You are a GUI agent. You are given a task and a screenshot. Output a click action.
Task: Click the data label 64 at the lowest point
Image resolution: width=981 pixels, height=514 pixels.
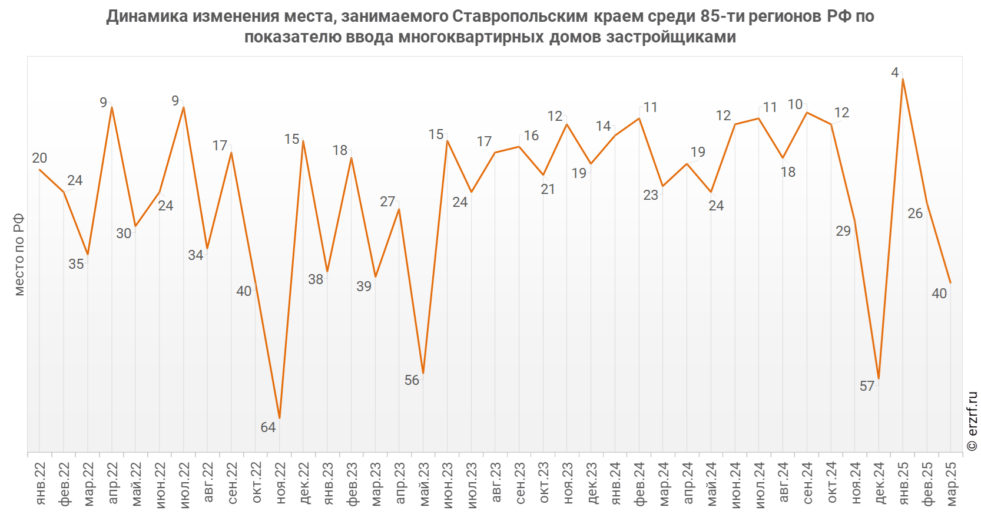pyautogui.click(x=268, y=427)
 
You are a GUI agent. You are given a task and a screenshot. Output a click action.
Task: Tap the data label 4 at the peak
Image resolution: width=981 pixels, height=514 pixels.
pyautogui.click(x=895, y=73)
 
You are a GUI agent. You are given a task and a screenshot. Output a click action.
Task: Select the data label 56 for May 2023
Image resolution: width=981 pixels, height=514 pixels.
pyautogui.click(x=412, y=380)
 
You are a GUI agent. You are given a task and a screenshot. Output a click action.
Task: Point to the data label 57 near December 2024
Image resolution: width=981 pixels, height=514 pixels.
pyautogui.click(x=867, y=386)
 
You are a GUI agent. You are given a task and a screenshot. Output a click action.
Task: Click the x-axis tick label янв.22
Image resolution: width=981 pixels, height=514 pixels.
pyautogui.click(x=40, y=483)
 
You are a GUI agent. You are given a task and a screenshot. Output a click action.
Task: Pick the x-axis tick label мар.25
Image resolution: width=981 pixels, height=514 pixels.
pyautogui.click(x=951, y=483)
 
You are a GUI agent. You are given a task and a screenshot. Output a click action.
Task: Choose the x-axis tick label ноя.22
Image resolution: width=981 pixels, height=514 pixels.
pyautogui.click(x=280, y=483)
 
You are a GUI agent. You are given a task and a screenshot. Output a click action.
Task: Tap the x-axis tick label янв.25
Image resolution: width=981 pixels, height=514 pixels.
pyautogui.click(x=903, y=483)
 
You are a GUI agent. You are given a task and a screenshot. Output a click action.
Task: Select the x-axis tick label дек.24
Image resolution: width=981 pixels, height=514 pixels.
pyautogui.click(x=879, y=483)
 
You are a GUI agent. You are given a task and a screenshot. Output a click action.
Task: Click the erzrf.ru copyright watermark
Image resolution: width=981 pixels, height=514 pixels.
pyautogui.click(x=972, y=421)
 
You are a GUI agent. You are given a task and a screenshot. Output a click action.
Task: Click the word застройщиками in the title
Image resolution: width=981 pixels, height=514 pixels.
pyautogui.click(x=672, y=37)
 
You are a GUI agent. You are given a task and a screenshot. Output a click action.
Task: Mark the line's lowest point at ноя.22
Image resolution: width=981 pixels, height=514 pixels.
pyautogui.click(x=280, y=418)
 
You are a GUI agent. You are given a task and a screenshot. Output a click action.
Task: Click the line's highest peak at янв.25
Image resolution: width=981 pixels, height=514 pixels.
pyautogui.click(x=903, y=79)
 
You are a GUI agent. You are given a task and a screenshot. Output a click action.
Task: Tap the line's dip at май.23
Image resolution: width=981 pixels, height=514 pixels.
pyautogui.click(x=423, y=373)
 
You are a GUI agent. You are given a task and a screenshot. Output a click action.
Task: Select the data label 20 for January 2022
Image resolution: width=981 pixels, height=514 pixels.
pyautogui.click(x=39, y=158)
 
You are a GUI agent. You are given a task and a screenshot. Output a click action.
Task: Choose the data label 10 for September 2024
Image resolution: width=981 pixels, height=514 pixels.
pyautogui.click(x=796, y=104)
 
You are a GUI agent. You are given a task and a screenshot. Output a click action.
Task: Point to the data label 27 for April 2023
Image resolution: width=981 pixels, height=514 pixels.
pyautogui.click(x=387, y=202)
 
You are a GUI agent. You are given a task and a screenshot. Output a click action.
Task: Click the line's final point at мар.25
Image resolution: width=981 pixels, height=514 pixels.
pyautogui.click(x=950, y=283)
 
